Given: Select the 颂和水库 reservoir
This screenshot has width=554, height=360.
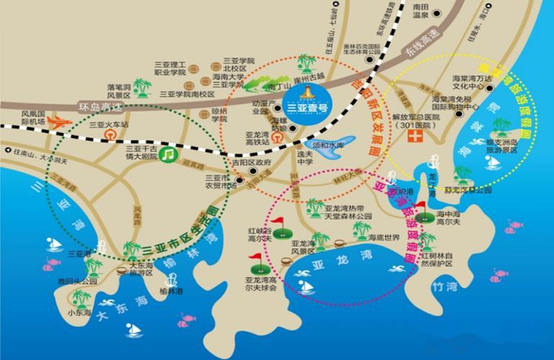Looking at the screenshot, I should click(332, 144).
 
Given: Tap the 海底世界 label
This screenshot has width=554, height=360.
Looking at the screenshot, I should click(383, 238).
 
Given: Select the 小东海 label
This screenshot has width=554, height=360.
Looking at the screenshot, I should click(79, 313).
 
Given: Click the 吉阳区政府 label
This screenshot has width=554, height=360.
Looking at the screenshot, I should click(251, 162).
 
